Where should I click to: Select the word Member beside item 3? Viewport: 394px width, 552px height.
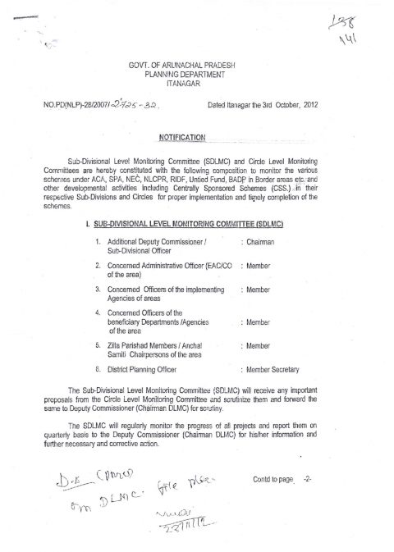[260, 290]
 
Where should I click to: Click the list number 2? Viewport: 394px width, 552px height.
[98, 266]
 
